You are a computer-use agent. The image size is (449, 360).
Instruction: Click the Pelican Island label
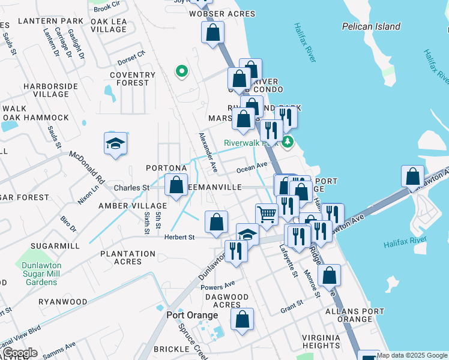371,26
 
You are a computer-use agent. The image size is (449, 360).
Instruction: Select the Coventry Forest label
128,79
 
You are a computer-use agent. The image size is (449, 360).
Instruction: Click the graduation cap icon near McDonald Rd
115,143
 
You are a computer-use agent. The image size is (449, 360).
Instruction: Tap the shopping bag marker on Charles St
176,185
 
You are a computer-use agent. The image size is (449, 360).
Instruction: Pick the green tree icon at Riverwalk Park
288,142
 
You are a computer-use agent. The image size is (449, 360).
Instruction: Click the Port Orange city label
192,316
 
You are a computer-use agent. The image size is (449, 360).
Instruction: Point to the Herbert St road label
180,237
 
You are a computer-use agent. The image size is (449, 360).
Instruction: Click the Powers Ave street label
218,286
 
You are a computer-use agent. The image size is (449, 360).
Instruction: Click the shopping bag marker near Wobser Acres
212,33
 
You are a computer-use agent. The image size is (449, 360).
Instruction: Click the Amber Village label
124,206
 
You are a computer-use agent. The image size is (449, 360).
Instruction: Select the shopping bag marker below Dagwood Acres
242,320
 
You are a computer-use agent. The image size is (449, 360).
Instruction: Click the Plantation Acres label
128,257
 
